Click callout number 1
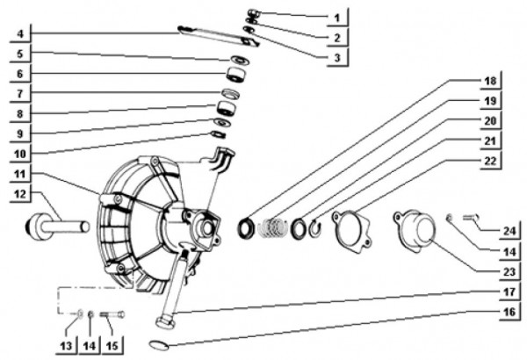tap(337, 18)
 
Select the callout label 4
tap(20, 33)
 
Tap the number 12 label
tap(20, 194)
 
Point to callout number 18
tap(490, 81)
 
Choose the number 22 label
tap(490, 161)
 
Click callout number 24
tap(509, 231)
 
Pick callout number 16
tap(509, 312)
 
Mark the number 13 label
tap(66, 346)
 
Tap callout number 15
tap(112, 346)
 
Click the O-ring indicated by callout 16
tap(158, 346)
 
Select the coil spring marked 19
tap(272, 227)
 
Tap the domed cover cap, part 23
tap(415, 229)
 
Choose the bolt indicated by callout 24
tap(471, 218)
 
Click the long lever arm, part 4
tap(219, 36)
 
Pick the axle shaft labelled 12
tap(57, 227)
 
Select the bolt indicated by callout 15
tap(112, 314)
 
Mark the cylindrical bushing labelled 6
tap(236, 75)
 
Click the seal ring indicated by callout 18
tap(246, 228)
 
